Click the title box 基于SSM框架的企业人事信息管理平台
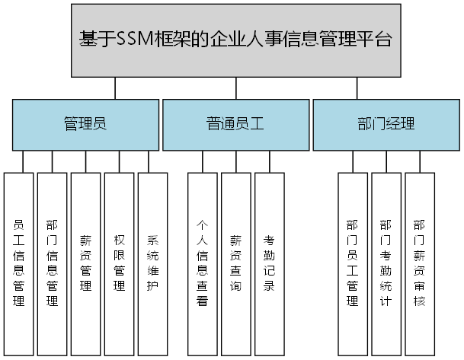coord(236,40)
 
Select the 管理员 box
coord(85,124)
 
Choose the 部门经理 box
coord(386,124)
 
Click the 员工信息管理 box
coord(19,263)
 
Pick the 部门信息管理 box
coord(53,263)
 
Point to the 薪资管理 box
coord(86,263)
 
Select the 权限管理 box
coord(120,263)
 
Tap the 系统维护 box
coord(152,263)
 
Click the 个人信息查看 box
coord(203,263)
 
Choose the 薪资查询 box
coord(236,263)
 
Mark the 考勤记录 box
coord(270,263)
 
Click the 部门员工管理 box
coord(353,263)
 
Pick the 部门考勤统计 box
coord(386,263)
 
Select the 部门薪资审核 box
coord(420,263)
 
